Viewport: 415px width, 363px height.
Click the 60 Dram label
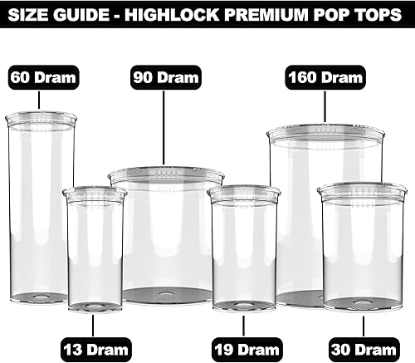pyautogui.click(x=43, y=79)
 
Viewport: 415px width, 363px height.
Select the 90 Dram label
pyautogui.click(x=166, y=79)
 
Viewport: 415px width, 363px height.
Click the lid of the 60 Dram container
pyautogui.click(x=41, y=120)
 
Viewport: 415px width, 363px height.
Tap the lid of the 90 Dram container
pyautogui.click(x=166, y=175)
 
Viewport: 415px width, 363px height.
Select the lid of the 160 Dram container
pyautogui.click(x=325, y=133)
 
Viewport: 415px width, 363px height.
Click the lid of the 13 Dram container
pyautogui.click(x=95, y=194)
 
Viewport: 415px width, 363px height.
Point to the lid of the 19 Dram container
pyautogui.click(x=244, y=194)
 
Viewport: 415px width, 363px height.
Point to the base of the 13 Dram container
pyautogui.click(x=95, y=305)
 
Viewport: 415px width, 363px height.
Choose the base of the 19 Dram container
pyautogui.click(x=244, y=304)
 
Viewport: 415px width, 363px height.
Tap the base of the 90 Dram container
pyautogui.click(x=166, y=295)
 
